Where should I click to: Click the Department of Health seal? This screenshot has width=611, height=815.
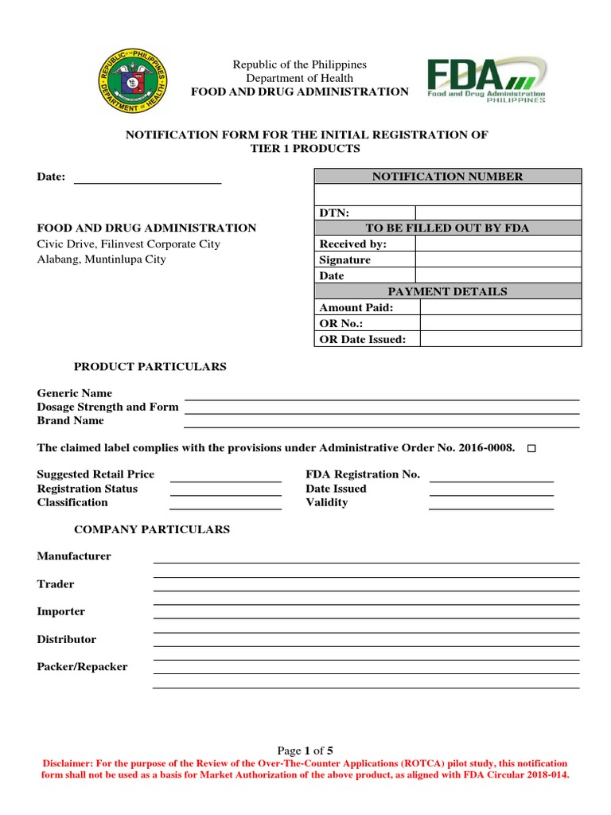pos(133,80)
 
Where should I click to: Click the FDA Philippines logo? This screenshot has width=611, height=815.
pos(487,80)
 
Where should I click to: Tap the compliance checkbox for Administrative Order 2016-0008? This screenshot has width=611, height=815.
pos(532,449)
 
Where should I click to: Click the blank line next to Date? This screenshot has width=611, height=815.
pos(147,178)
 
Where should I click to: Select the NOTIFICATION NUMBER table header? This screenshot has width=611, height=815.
pos(448,177)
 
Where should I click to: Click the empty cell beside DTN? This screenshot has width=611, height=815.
pos(498,213)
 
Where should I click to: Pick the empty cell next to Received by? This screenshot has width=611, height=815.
pos(498,244)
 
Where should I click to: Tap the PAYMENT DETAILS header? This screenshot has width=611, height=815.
pos(448,291)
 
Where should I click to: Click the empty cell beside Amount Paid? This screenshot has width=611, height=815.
pos(500,307)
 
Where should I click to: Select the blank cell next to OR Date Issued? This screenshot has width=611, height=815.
pos(500,339)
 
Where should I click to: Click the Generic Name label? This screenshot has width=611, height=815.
pos(75,393)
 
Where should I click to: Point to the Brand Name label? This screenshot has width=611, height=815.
pos(71,420)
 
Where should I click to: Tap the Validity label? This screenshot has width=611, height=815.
pos(327,502)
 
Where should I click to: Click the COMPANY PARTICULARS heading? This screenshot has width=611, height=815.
pos(152,529)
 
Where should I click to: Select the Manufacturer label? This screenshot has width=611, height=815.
pos(74,556)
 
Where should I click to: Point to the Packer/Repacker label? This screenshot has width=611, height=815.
pos(82,667)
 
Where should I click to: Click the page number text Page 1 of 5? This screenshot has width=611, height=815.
pos(305,751)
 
